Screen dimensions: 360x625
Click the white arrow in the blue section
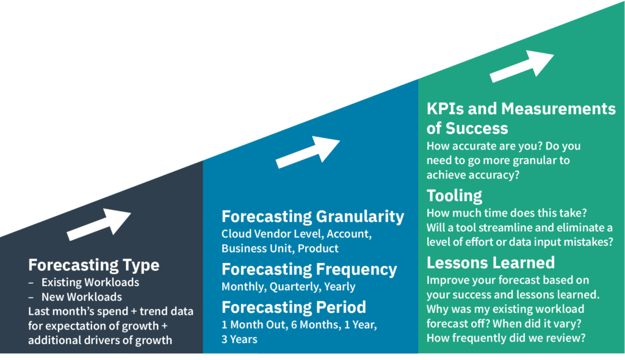pos(308,152)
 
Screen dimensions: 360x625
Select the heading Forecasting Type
pos(93,265)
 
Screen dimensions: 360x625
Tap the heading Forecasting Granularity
pos(312,217)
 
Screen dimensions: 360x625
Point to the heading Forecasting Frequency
pos(309,269)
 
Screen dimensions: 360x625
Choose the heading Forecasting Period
pos(294,306)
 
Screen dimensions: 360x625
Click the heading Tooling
pos(454,196)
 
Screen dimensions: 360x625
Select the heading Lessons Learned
pos(490,262)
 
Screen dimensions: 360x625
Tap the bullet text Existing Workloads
pos(90,283)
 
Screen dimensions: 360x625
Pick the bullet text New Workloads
pos(81,297)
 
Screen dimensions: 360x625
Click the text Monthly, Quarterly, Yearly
pos(288,286)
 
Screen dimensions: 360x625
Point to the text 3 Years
pos(239,339)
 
